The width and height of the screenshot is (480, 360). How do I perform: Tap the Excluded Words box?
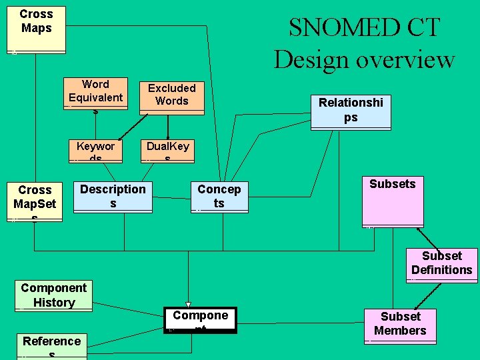pyautogui.click(x=171, y=96)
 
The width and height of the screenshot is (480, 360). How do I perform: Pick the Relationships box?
pyautogui.click(x=351, y=111)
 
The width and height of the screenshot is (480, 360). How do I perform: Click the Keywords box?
pyautogui.click(x=95, y=151)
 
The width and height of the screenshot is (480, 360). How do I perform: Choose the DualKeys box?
pyautogui.click(x=167, y=151)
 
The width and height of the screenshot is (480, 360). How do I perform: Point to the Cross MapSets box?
pyautogui.click(x=35, y=201)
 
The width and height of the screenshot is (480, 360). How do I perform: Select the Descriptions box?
pyautogui.click(x=113, y=197)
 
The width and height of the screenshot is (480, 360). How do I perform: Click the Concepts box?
pyautogui.click(x=219, y=197)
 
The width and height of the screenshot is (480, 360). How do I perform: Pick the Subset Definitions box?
pyautogui.click(x=441, y=264)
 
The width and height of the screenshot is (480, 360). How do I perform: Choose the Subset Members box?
pyautogui.click(x=400, y=325)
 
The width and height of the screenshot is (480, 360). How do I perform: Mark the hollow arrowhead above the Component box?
pyautogui.click(x=188, y=305)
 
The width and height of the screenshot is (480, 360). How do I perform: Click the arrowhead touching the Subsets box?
pyautogui.click(x=419, y=231)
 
